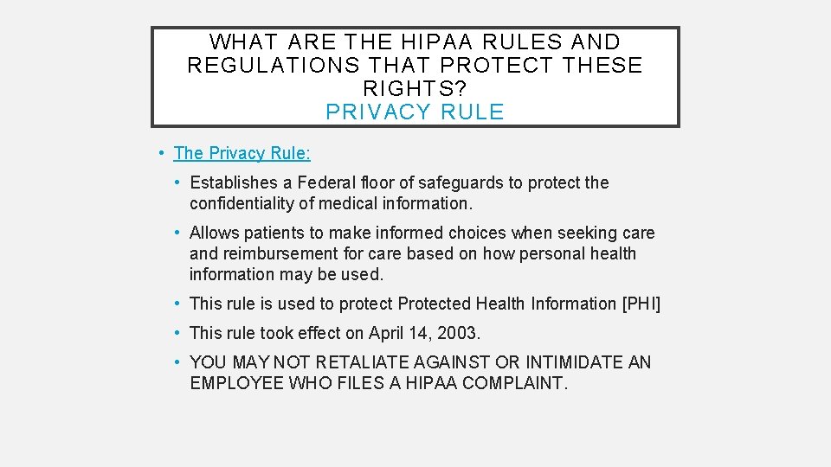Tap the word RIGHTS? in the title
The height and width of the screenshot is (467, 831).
click(x=415, y=88)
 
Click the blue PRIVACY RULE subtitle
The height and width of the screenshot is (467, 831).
click(x=415, y=112)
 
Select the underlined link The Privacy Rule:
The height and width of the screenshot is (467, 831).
click(x=242, y=153)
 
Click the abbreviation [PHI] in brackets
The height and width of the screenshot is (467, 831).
click(x=641, y=304)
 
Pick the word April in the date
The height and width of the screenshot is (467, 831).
click(x=387, y=333)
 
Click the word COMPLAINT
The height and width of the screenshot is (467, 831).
click(x=515, y=383)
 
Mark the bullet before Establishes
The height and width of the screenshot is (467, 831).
click(x=176, y=182)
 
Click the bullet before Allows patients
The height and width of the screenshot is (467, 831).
click(x=176, y=233)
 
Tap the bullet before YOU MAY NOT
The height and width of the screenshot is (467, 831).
click(x=176, y=362)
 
